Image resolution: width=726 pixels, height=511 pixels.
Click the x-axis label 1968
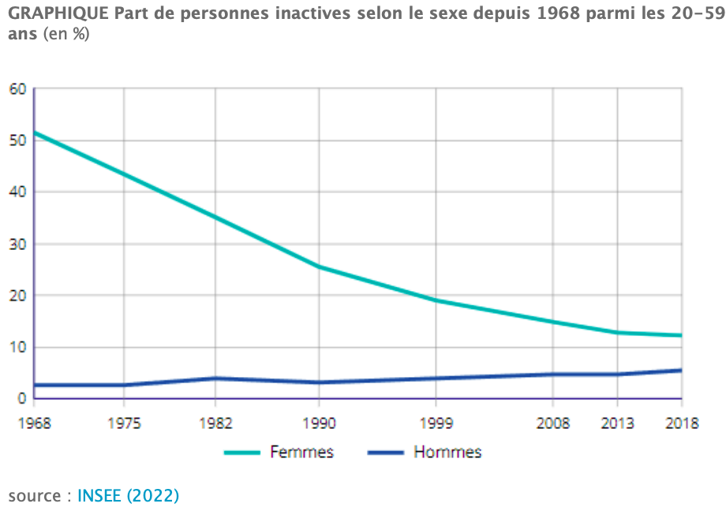(x=34, y=423)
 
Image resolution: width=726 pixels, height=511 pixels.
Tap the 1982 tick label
(x=215, y=423)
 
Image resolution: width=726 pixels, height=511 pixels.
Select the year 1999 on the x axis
(x=436, y=423)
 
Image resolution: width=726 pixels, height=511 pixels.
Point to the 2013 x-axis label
(x=617, y=423)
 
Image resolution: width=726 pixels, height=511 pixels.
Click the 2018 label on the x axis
(x=682, y=423)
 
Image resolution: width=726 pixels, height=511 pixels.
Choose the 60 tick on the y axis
(x=17, y=89)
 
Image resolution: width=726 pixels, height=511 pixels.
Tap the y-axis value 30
(x=17, y=244)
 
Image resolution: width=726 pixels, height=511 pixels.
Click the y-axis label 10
(x=17, y=347)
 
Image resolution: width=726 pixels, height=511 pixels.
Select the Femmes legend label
(x=302, y=452)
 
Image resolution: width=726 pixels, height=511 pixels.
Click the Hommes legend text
(x=447, y=452)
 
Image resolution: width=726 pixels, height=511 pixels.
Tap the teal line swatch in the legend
(x=242, y=453)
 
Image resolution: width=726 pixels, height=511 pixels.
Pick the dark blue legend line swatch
(x=386, y=453)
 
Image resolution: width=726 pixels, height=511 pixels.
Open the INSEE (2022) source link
(x=129, y=496)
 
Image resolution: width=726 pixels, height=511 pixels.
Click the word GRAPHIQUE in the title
(x=58, y=14)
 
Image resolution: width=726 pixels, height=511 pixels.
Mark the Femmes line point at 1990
(x=319, y=267)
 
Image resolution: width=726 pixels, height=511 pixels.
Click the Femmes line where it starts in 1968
(x=35, y=132)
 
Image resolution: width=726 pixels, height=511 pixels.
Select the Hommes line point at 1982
(x=215, y=379)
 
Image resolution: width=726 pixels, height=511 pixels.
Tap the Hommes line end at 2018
(x=681, y=371)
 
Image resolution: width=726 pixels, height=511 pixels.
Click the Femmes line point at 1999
(x=436, y=301)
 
